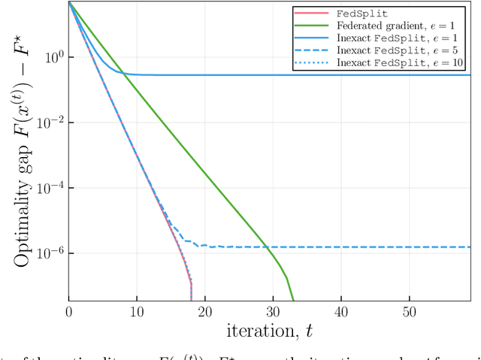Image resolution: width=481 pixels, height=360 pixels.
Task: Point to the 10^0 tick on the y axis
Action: (50, 57)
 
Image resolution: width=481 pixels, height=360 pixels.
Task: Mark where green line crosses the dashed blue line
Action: (267, 247)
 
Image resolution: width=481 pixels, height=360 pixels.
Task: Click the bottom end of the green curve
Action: (293, 299)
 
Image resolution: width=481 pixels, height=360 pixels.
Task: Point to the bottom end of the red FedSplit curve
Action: (191, 299)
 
